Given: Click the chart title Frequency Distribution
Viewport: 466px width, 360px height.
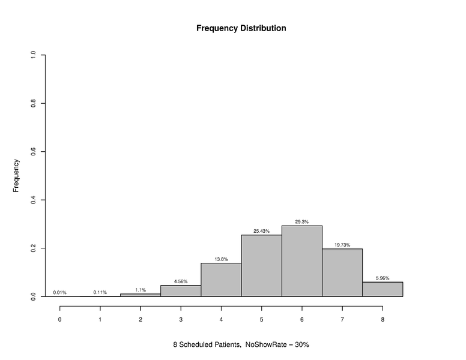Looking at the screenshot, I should [241, 28].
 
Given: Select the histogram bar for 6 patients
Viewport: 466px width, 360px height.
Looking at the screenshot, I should [301, 261].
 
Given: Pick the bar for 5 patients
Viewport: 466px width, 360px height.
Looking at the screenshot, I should [261, 266].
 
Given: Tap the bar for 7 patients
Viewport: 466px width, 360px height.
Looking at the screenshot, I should [342, 273].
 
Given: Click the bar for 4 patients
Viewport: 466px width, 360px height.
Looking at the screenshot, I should [221, 280].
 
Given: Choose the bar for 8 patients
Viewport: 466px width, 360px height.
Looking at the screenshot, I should [383, 289].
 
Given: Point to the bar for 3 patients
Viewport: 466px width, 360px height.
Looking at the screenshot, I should [181, 291].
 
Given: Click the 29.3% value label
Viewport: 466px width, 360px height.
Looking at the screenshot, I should [301, 222].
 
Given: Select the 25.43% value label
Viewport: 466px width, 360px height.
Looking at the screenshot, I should [261, 231].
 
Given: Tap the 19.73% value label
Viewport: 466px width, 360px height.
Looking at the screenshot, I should [342, 245].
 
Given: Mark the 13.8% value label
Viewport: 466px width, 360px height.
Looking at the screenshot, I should [221, 259].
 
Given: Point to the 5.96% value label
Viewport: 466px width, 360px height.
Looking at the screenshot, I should [383, 278].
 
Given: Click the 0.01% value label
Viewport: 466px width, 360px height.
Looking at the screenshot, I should [59, 293].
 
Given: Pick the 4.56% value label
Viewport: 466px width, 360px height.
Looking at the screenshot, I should [181, 281].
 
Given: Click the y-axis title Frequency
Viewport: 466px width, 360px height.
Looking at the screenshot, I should [17, 175].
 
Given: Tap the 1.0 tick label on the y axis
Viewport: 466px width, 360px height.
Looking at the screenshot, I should [34, 55].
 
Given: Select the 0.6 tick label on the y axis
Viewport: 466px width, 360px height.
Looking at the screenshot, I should [34, 152].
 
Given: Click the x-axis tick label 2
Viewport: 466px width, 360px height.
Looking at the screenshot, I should [141, 320].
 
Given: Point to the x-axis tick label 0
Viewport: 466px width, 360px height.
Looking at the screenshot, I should [59, 320].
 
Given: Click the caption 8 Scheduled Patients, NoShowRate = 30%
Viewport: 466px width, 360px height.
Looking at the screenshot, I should [241, 345].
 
